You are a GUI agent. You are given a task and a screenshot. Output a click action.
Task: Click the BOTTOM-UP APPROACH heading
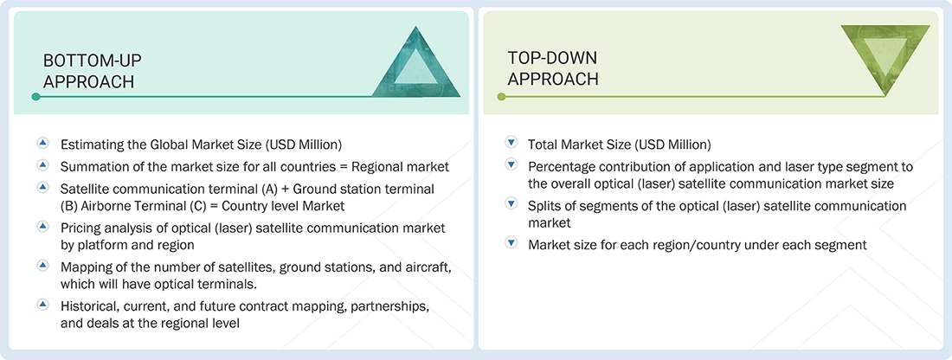(x=93, y=71)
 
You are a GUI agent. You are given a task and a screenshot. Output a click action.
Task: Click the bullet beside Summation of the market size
(x=42, y=164)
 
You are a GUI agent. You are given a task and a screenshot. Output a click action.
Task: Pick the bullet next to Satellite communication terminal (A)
(x=42, y=187)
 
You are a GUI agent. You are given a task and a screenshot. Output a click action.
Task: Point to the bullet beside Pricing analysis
(x=42, y=226)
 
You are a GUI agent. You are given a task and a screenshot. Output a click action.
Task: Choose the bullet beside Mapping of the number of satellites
(x=42, y=265)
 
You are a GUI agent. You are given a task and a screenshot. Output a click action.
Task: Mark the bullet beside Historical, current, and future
(x=42, y=305)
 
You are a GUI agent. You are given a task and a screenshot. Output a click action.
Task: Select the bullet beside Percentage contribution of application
(x=511, y=165)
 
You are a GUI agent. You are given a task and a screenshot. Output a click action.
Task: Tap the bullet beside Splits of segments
(x=511, y=205)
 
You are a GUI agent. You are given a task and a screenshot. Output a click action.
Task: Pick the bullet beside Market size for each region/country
(x=511, y=244)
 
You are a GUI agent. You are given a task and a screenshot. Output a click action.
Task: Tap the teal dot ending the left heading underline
(x=35, y=97)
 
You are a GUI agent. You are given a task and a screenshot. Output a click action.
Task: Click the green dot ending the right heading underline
(x=500, y=97)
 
